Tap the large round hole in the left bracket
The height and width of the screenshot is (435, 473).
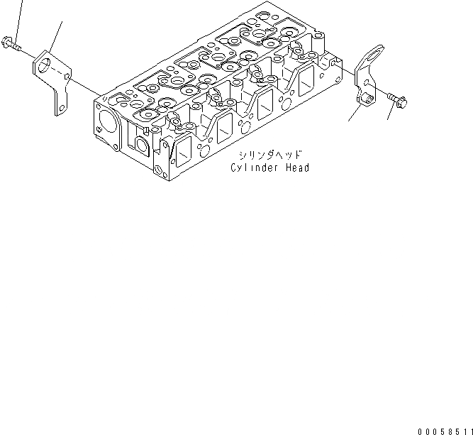click(48, 66)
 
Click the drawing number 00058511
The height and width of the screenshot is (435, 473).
click(445, 430)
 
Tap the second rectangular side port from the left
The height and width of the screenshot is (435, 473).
click(222, 127)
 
